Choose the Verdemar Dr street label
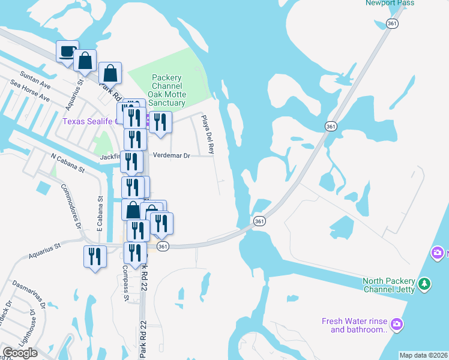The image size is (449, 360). (x=171, y=155)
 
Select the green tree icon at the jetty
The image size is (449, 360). (x=425, y=283)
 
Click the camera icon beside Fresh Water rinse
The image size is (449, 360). (x=396, y=325)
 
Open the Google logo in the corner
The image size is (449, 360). (x=20, y=353)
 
